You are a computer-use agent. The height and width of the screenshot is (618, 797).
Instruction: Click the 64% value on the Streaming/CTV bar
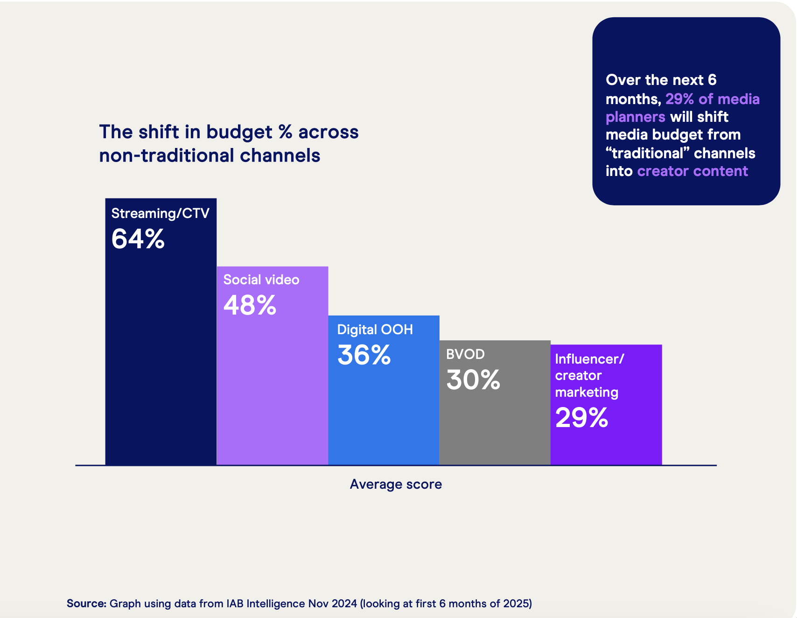(138, 239)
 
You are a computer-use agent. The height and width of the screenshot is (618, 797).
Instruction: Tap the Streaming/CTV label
(160, 213)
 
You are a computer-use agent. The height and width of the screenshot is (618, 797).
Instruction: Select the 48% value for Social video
(250, 305)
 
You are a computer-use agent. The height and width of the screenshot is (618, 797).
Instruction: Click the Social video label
(261, 280)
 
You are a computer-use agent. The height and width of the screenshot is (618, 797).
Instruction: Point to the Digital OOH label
(375, 330)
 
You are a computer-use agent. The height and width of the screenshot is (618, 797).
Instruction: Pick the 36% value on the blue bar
(364, 355)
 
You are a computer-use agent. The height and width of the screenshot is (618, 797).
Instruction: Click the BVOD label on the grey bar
(465, 354)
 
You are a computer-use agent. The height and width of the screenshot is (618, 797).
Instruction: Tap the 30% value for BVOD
(473, 380)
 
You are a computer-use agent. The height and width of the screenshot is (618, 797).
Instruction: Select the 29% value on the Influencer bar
(581, 418)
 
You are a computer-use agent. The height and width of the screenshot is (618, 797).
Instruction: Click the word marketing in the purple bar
(587, 393)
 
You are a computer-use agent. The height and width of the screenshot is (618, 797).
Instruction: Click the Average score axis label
(396, 484)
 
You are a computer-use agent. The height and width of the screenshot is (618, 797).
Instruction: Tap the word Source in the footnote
(86, 604)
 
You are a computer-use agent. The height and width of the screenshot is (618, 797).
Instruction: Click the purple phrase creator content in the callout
(692, 171)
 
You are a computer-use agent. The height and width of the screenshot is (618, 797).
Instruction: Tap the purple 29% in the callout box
(679, 99)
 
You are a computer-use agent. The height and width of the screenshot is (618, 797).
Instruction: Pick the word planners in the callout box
(635, 117)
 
